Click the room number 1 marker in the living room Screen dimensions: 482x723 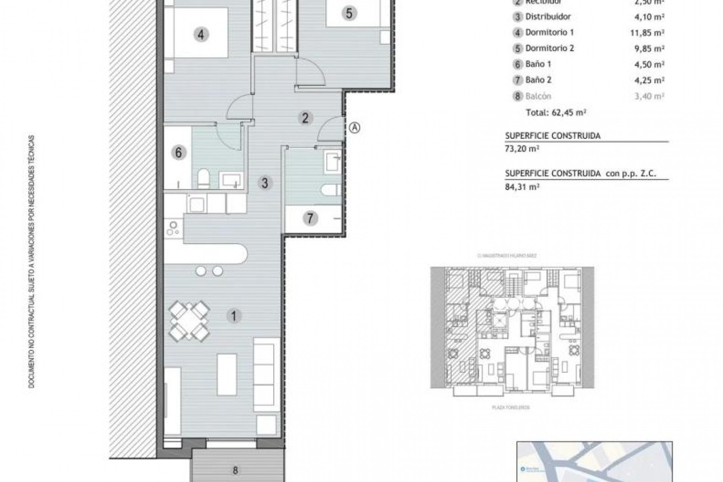coord(233,316)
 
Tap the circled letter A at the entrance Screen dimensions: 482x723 coord(355,128)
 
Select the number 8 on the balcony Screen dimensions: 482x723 coord(235,470)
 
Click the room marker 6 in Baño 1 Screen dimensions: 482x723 coord(178,153)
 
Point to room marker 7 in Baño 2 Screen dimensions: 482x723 coord(310,218)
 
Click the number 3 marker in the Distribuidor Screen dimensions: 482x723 coord(265,183)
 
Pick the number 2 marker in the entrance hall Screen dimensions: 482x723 coord(305,118)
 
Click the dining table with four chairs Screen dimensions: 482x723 coord(189,321)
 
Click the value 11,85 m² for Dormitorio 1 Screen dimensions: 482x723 coord(647,33)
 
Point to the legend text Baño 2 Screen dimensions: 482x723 coord(538,80)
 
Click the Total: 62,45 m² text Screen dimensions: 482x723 coord(556,112)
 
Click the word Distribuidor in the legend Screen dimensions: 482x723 coord(548,17)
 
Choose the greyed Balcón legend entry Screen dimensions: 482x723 coord(538,96)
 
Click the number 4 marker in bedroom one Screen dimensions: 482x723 coord(201,35)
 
